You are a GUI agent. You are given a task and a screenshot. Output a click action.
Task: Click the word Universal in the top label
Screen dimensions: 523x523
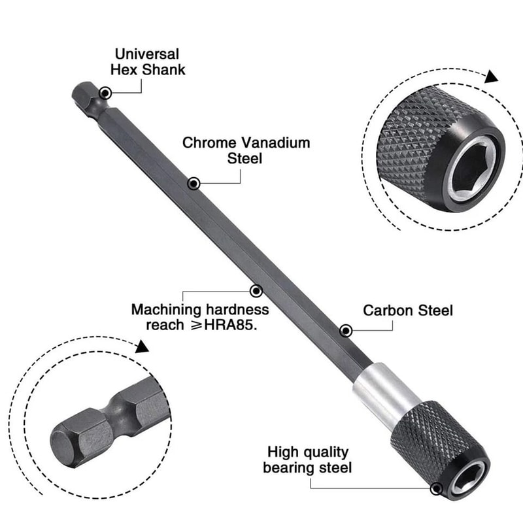click(147, 54)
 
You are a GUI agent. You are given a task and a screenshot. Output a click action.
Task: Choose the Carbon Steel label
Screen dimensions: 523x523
click(408, 311)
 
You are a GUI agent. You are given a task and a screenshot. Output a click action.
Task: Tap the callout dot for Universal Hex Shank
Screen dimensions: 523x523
click(105, 94)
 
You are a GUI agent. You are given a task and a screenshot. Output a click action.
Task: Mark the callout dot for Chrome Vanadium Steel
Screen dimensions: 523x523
click(194, 184)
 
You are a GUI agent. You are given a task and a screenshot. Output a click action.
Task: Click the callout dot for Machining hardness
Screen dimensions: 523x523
click(256, 290)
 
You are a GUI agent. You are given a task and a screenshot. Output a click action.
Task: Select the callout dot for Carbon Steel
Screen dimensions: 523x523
click(346, 331)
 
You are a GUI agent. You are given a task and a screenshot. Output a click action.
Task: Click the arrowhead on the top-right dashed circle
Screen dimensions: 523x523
click(491, 77)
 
